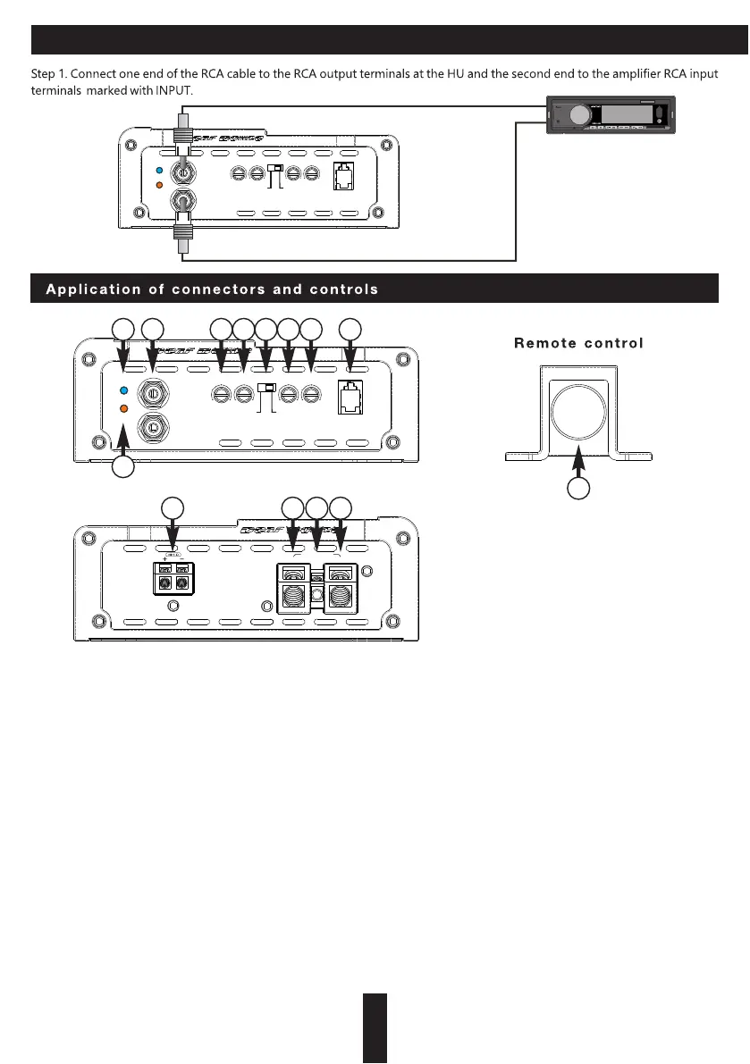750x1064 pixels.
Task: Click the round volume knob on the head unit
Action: click(579, 114)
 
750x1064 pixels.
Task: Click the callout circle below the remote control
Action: click(579, 489)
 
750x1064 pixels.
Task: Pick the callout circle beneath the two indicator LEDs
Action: click(122, 465)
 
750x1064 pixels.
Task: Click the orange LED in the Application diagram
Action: click(123, 408)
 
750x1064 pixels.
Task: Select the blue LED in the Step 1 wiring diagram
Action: click(159, 169)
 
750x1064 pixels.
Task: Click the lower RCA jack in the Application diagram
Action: click(153, 425)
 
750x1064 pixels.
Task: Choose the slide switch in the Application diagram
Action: click(265, 390)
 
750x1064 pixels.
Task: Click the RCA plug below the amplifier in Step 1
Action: click(184, 237)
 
